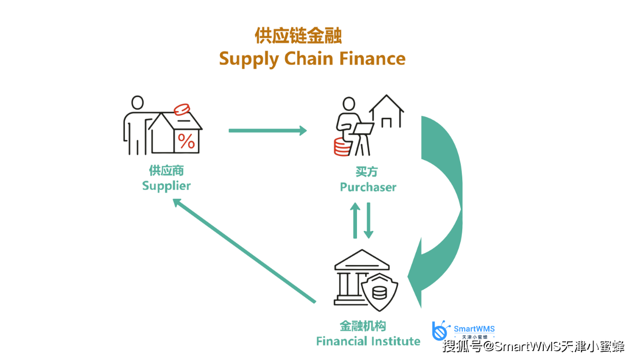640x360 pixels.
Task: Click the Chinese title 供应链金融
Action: pos(298,37)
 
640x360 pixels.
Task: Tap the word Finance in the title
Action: pos(372,58)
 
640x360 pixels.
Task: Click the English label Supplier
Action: pos(166,186)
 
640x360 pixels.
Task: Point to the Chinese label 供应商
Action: pos(166,170)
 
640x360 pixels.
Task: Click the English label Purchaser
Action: pos(368,187)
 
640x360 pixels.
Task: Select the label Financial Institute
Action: pos(368,341)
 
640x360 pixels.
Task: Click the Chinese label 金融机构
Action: pos(363,326)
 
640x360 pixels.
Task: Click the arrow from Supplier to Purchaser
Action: pos(268,131)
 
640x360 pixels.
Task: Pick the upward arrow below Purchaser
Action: pos(355,220)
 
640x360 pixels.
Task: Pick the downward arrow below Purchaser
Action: pos(368,220)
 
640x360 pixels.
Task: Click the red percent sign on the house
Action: pos(186,141)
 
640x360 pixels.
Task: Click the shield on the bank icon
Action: pos(380,292)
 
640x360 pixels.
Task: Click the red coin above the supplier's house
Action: pos(182,109)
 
